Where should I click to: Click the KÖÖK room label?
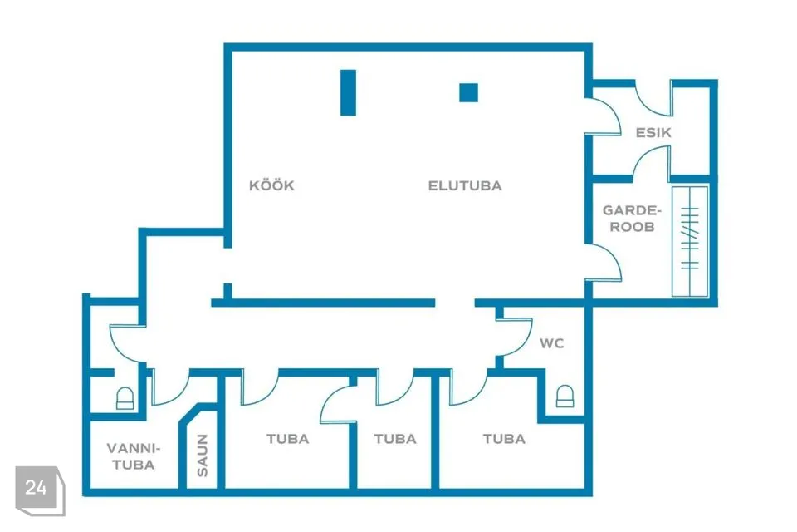click(271, 185)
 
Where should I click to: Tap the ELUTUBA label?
click(465, 185)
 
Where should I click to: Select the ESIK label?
click(653, 132)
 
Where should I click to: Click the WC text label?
click(552, 342)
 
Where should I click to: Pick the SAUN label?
click(203, 456)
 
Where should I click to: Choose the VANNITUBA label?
click(132, 456)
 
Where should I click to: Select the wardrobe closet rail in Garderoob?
click(690, 241)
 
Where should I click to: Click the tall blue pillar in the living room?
click(349, 92)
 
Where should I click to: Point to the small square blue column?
click(469, 92)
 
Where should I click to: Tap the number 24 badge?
click(37, 488)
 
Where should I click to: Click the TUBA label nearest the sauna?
click(287, 438)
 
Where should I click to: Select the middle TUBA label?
click(394, 438)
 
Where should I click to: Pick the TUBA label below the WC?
click(504, 438)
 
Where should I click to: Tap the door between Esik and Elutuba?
click(607, 116)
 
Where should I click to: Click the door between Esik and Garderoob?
click(651, 162)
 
